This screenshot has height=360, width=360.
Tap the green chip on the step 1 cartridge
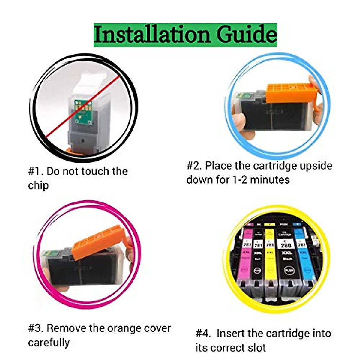tap(82, 111)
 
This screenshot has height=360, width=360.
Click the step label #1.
tap(36, 171)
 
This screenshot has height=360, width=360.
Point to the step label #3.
tap(36, 328)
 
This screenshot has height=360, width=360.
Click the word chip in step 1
tap(38, 186)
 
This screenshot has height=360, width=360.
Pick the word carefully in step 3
tap(49, 343)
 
